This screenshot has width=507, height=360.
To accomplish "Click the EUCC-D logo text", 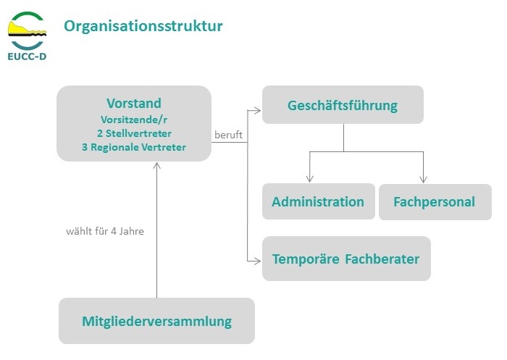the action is tap(27, 56).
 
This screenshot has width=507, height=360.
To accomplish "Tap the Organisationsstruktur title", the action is tap(143, 26).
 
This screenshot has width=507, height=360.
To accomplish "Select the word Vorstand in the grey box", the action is tap(134, 103).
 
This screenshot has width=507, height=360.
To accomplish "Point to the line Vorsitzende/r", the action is tap(134, 120).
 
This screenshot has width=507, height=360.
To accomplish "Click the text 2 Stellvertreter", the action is tap(134, 133).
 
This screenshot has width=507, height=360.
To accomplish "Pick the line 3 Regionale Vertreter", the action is tap(134, 147).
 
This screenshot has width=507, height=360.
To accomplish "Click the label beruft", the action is tap(228, 135).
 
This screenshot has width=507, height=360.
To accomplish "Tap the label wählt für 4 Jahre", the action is tap(105, 231).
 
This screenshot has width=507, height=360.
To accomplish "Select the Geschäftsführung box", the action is tap(343, 105).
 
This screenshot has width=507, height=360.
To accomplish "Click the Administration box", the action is tap(319, 201).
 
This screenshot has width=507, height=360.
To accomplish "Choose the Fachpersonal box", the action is tap(435, 202).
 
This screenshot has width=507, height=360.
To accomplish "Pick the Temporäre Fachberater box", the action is tap(346, 259).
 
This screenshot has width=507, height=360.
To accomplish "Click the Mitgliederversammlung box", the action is tap(157, 321).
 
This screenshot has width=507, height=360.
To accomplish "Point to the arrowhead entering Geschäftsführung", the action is tap(257, 111).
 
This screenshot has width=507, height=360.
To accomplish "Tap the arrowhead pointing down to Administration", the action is tap(310, 179).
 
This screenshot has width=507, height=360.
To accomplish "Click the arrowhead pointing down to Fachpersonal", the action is tap(423, 179).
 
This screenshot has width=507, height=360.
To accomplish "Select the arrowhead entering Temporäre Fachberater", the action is tap(257, 261).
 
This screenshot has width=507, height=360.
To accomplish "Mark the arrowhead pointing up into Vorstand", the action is tap(157, 166).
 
